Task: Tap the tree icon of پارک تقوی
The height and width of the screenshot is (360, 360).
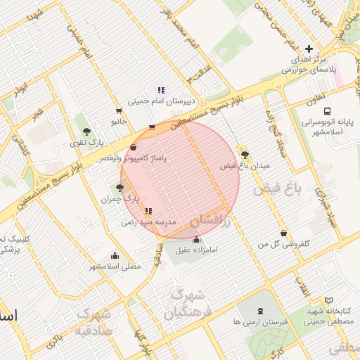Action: pos(86,131)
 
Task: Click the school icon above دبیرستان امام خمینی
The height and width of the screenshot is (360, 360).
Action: pos(161,89)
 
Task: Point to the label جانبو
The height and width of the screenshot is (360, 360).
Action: pos(117,122)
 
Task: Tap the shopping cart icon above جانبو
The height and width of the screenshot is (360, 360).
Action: pos(118,110)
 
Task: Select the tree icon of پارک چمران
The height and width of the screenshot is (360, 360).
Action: pos(119,188)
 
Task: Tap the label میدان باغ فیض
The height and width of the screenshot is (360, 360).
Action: pos(245,166)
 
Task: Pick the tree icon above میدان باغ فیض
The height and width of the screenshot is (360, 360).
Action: pos(245,155)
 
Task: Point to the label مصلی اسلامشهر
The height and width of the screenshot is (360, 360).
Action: pos(115,266)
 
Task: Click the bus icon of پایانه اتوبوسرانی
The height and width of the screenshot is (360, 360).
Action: pos(327,110)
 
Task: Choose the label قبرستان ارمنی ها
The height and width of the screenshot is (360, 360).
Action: pos(261,322)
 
